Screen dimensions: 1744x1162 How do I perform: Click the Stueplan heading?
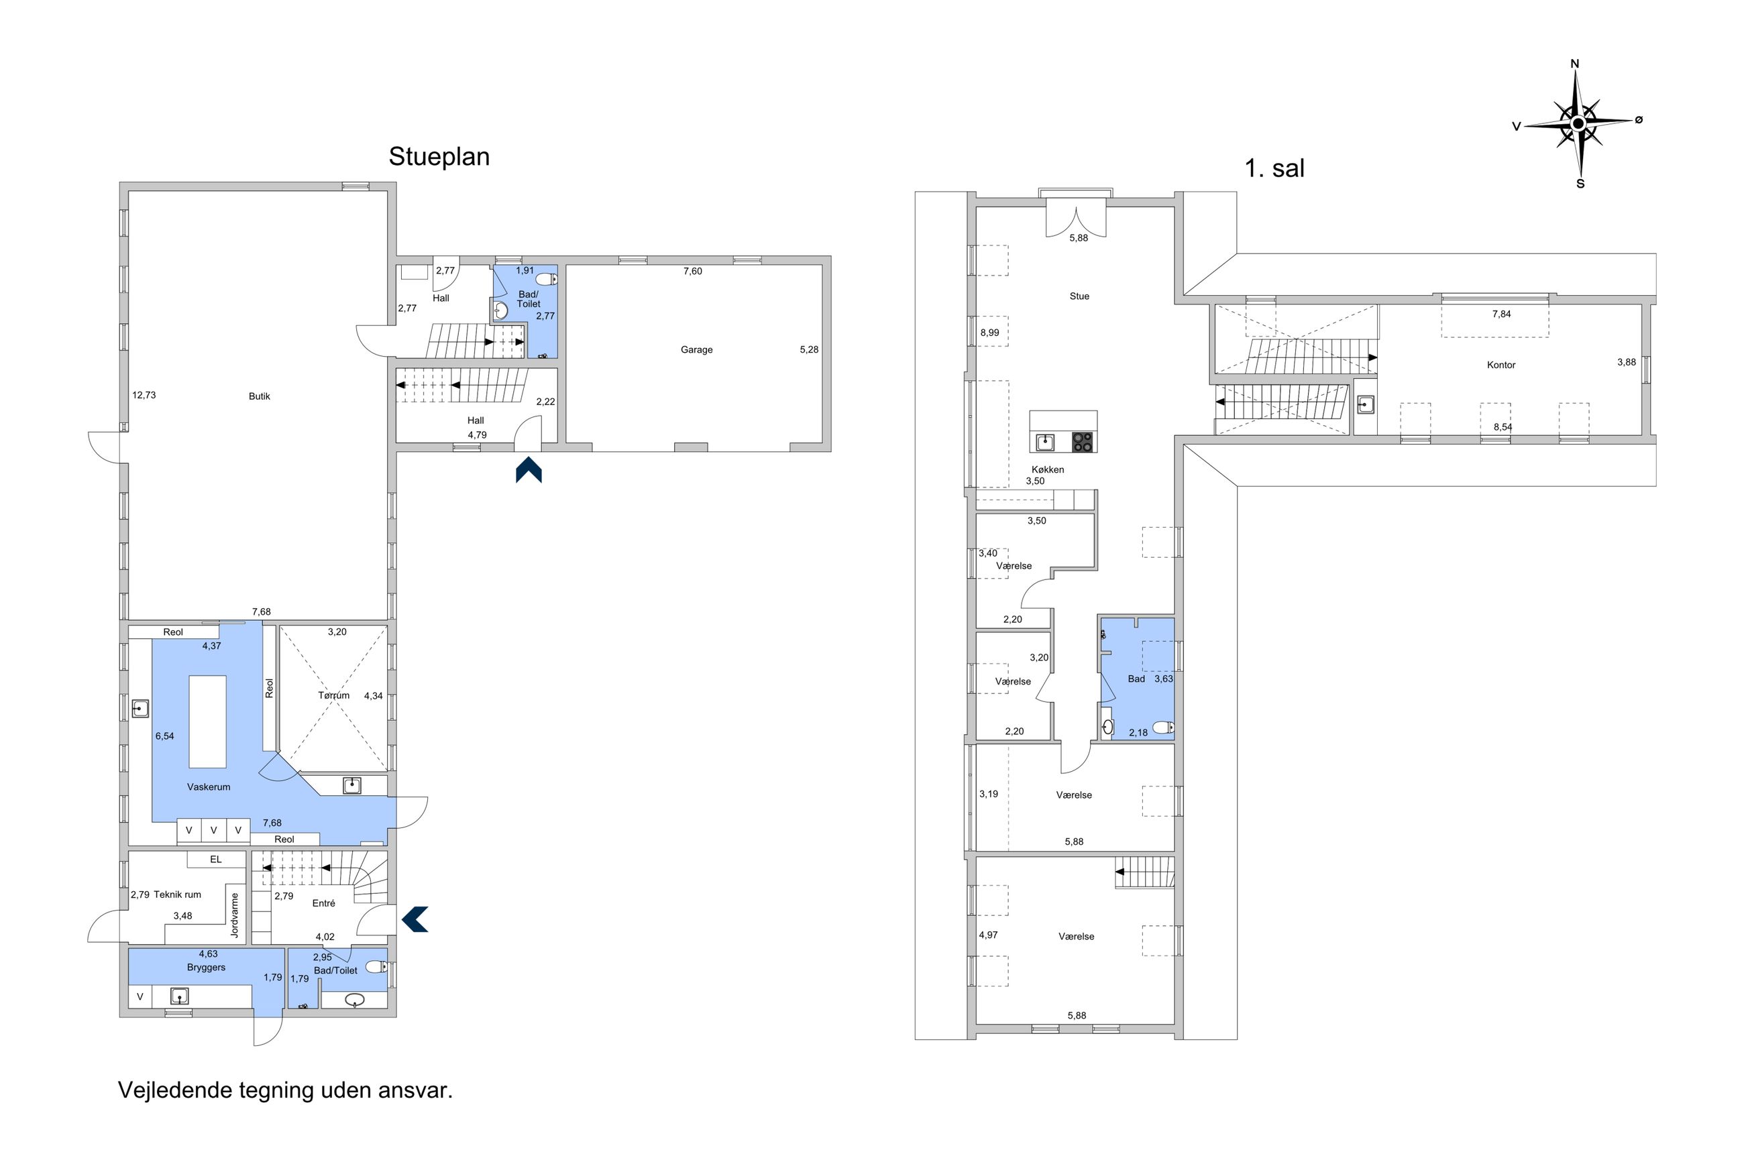[439, 156]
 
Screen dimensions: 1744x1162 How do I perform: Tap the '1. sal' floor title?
[1274, 168]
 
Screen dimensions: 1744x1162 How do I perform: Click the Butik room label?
[260, 396]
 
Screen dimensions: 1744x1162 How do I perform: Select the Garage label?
[697, 350]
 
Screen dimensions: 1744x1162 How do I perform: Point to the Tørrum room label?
[333, 695]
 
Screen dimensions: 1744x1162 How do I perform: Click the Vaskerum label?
[208, 787]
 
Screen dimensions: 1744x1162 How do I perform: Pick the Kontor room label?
[1501, 365]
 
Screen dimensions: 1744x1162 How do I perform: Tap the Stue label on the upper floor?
[1079, 296]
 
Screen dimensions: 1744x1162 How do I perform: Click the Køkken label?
[1047, 469]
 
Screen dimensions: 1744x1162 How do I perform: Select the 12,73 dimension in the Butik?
[144, 395]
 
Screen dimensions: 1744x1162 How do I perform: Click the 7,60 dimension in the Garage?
[692, 272]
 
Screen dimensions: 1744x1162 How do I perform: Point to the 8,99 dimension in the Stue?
[989, 333]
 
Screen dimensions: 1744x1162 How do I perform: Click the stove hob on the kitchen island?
[1082, 443]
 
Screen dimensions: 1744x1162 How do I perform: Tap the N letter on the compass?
[1576, 64]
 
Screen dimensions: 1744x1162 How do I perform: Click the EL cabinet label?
[216, 860]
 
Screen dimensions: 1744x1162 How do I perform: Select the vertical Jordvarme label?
[235, 915]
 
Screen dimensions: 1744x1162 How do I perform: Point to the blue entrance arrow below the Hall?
[529, 470]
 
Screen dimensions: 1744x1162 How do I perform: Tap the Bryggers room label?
[206, 968]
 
